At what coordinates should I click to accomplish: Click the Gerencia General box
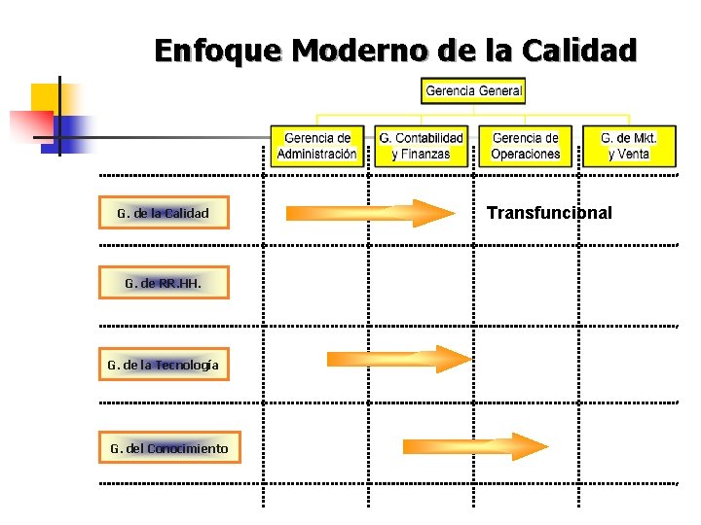point(473,91)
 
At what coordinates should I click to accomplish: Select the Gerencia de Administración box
point(316,147)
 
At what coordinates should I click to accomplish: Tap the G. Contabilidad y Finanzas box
point(421,147)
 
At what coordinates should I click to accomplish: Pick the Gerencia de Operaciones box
point(526,147)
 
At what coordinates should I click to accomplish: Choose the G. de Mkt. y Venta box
point(629,147)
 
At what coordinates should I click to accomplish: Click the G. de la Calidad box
point(164,212)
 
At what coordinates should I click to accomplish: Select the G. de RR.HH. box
point(164,284)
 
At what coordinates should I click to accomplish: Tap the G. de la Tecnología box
point(164,366)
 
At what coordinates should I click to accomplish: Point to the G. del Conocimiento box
point(164,448)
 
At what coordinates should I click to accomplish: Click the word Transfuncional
point(549,212)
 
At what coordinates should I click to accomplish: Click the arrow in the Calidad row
point(370,213)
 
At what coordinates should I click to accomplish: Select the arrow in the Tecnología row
point(398,359)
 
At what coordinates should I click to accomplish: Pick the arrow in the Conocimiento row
point(475,446)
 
